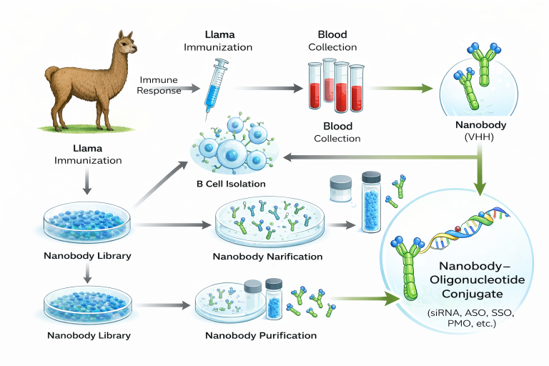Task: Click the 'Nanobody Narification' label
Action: click(267, 256)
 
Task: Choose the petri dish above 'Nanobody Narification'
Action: click(267, 222)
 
